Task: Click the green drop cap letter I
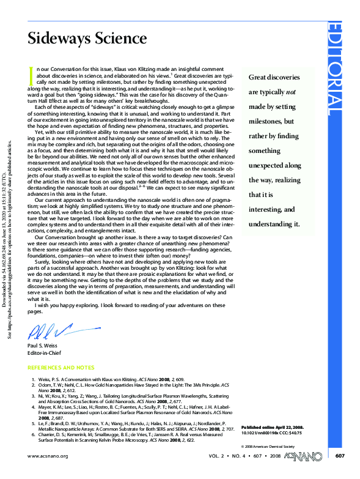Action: [x=31, y=75]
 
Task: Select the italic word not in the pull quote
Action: [x=292, y=92]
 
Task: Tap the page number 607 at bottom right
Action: [x=340, y=456]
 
